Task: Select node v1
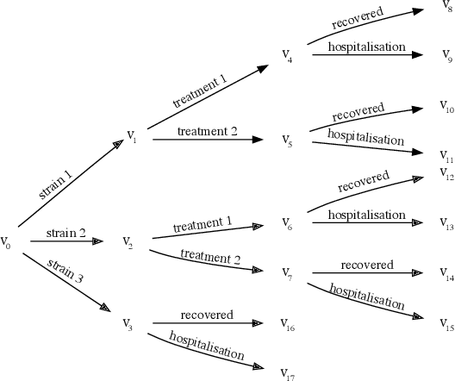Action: [132, 135]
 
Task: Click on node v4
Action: [287, 55]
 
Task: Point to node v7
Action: [287, 272]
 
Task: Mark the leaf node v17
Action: [289, 373]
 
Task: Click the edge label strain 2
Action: [66, 233]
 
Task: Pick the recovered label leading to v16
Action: [207, 315]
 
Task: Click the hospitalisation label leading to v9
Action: [366, 47]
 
